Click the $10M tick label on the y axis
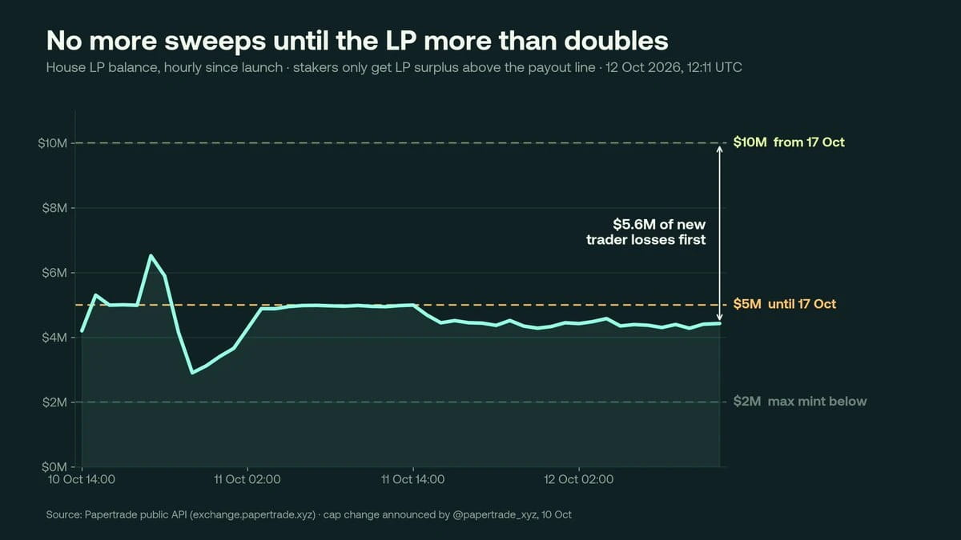[x=52, y=143]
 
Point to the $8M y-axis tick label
[x=54, y=208]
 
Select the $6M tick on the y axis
[x=54, y=273]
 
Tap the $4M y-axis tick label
[x=54, y=338]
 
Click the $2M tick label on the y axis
[x=54, y=402]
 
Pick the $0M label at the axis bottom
[x=54, y=466]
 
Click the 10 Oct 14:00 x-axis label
[x=82, y=479]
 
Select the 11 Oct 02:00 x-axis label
[x=247, y=479]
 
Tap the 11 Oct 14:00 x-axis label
[x=412, y=479]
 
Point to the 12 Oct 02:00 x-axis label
[x=579, y=479]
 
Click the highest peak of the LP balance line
[x=151, y=255]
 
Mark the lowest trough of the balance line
[x=192, y=373]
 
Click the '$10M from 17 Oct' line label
[x=789, y=142]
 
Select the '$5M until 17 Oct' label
[x=784, y=304]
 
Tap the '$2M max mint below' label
[x=800, y=402]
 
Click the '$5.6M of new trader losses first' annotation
[x=645, y=232]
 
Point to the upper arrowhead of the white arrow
[x=720, y=147]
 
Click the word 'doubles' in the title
[x=616, y=41]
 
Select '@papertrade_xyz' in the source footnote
[x=494, y=514]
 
